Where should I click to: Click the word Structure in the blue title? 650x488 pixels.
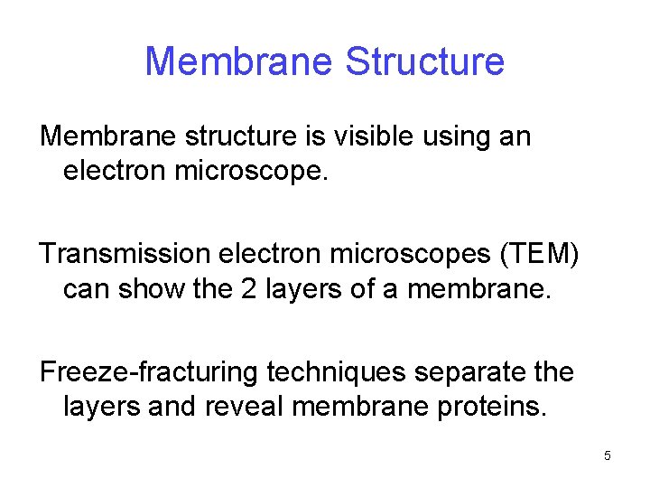click(424, 61)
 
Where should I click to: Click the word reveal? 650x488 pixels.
click(244, 406)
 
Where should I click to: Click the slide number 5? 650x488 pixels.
click(607, 456)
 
